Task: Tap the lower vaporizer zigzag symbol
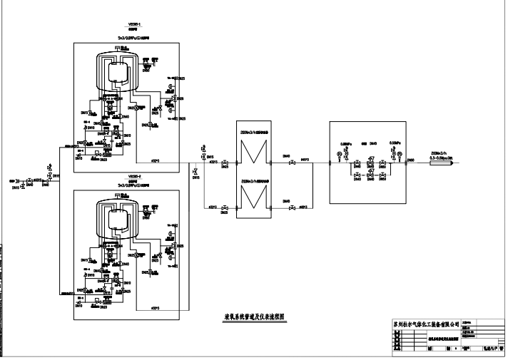point(253,197)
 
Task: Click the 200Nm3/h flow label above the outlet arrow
point(440,153)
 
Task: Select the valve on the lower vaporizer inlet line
point(224,207)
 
